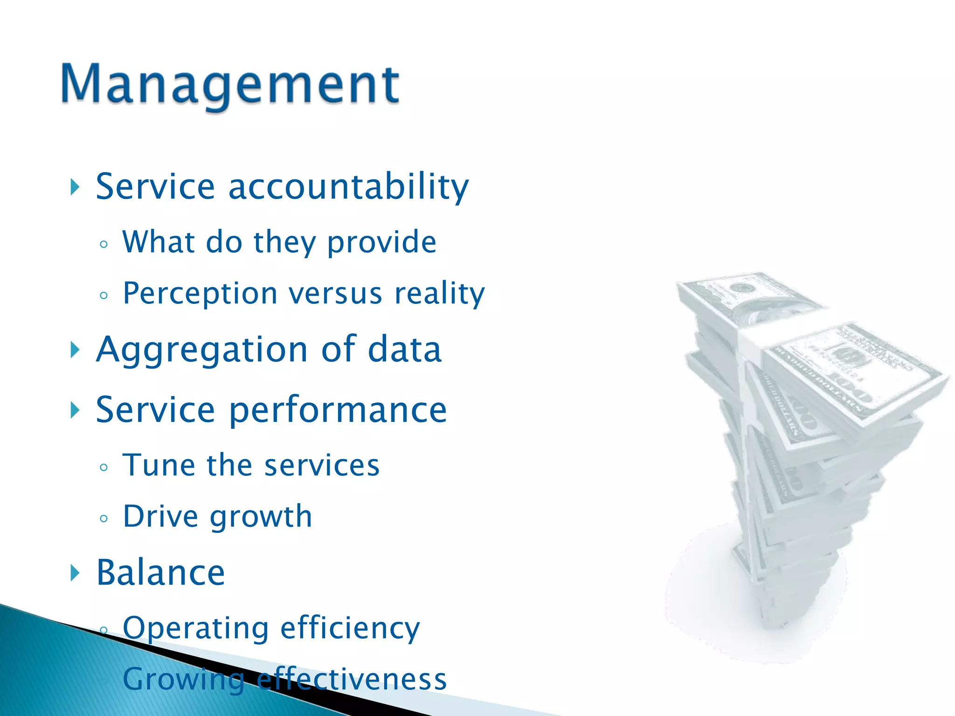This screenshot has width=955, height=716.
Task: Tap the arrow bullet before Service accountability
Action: pos(75,187)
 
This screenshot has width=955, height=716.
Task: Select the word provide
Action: pos(381,243)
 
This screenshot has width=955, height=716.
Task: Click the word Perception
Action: pos(200,294)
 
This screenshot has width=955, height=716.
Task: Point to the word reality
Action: pos(439,294)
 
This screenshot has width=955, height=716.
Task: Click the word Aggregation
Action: pos(201,350)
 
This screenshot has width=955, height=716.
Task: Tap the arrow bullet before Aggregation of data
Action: pos(75,350)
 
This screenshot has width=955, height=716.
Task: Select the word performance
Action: pos(338,410)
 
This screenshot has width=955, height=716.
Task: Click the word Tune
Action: pos(158,465)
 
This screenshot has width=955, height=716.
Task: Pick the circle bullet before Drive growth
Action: pos(104,518)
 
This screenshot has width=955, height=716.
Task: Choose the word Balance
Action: pos(160,572)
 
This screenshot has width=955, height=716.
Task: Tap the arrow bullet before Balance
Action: pos(75,572)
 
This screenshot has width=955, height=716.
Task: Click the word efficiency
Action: pos(350,628)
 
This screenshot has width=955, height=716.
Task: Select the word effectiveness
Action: pos(352,680)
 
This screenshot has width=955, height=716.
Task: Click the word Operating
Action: pos(195,628)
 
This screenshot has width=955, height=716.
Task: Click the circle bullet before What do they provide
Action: pos(104,244)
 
